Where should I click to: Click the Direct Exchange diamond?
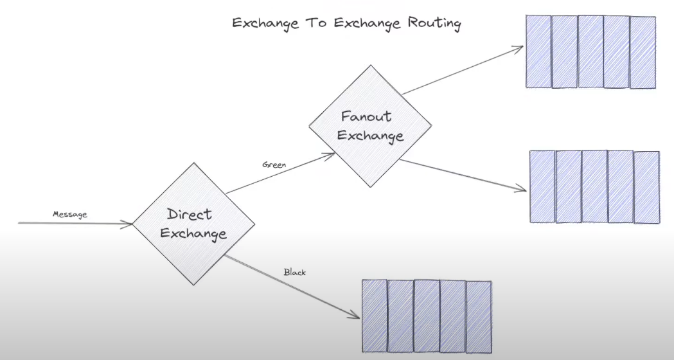193,223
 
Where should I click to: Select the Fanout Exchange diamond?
371,126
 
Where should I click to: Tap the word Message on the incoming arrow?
70,215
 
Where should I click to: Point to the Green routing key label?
274,165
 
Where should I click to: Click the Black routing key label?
295,273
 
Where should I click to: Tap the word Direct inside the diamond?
190,214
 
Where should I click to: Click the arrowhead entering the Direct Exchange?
129,224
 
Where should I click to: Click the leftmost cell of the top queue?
538,51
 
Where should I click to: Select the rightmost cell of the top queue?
643,52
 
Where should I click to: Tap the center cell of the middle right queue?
594,186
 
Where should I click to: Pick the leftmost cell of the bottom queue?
375,317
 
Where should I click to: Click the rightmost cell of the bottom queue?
479,317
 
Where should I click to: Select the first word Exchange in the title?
265,24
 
